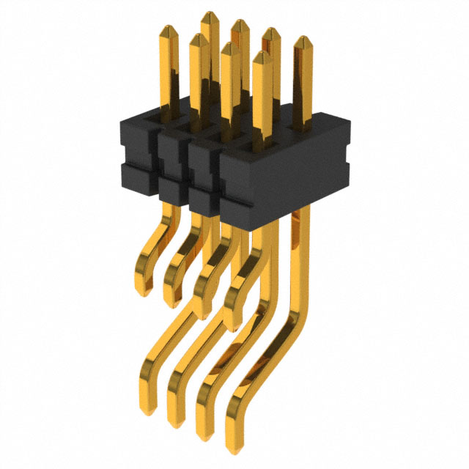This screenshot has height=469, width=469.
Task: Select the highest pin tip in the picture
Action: pyautogui.click(x=210, y=14)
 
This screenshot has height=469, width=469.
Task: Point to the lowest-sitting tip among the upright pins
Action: pyautogui.click(x=262, y=54)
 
